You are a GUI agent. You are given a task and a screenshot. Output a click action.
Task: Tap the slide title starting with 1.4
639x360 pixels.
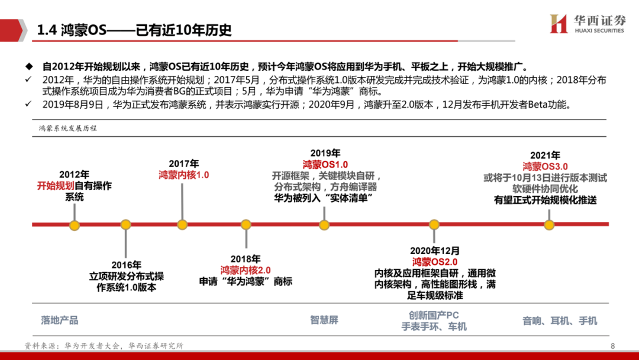pos(135,30)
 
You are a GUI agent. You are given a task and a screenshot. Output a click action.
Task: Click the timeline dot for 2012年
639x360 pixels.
pos(74,225)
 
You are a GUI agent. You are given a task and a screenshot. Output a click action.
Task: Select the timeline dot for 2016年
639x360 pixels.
pos(125,225)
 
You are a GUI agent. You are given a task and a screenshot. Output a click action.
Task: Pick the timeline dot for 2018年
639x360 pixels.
pos(246,225)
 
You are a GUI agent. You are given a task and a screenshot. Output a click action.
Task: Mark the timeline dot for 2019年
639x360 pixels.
pos(324,225)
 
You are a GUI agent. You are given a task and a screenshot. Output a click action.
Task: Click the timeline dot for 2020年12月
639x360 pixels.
pos(434,225)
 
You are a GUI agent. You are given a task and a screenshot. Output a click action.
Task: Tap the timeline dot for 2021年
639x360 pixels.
pos(549,225)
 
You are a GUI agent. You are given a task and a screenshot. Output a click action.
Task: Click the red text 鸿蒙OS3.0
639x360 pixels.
pos(545,166)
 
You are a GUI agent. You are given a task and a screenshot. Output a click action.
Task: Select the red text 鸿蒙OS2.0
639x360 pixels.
pos(435,262)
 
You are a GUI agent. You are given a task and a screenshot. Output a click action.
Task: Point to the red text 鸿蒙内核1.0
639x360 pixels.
pos(183,175)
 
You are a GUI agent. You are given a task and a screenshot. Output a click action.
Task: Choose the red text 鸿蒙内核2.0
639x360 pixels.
pos(246,270)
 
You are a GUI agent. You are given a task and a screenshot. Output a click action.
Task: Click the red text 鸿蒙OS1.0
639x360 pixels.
pos(325,164)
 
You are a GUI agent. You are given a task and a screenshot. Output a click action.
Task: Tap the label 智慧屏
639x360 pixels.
pos(324,320)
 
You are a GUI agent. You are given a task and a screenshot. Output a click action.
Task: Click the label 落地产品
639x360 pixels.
pos(60,320)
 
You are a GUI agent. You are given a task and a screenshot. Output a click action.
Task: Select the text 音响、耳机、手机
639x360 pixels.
pos(560,321)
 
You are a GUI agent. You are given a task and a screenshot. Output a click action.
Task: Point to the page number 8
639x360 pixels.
pos(613,346)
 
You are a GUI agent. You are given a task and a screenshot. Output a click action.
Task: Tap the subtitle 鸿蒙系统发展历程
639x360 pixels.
pos(67,127)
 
